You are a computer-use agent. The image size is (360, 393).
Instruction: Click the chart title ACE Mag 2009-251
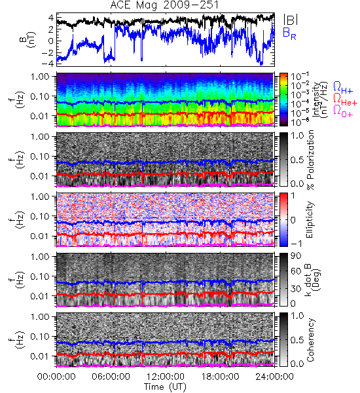pos(164,5)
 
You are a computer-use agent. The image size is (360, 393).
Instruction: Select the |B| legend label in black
pos(291,20)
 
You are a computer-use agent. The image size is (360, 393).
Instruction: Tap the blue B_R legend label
pos(289,33)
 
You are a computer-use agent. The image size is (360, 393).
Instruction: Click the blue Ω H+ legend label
pos(343,88)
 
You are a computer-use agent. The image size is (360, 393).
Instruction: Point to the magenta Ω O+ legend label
pos(343,111)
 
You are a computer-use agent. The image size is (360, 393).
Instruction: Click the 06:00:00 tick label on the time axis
pos(111,377)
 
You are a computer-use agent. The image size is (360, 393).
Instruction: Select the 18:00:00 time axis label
pos(220,377)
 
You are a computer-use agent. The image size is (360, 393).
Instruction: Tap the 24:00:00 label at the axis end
pos(274,377)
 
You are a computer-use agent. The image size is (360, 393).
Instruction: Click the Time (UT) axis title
pos(165,386)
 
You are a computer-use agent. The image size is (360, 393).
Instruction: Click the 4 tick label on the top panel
pos(51,18)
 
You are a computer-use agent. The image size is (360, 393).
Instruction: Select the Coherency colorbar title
pos(310,340)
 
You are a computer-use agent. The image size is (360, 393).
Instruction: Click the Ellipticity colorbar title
pos(310,220)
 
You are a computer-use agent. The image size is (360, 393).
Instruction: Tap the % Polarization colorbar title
pos(310,160)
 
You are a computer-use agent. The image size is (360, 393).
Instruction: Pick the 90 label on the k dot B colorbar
pos(296,256)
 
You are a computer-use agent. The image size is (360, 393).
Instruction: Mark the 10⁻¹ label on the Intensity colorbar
pos(297,76)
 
